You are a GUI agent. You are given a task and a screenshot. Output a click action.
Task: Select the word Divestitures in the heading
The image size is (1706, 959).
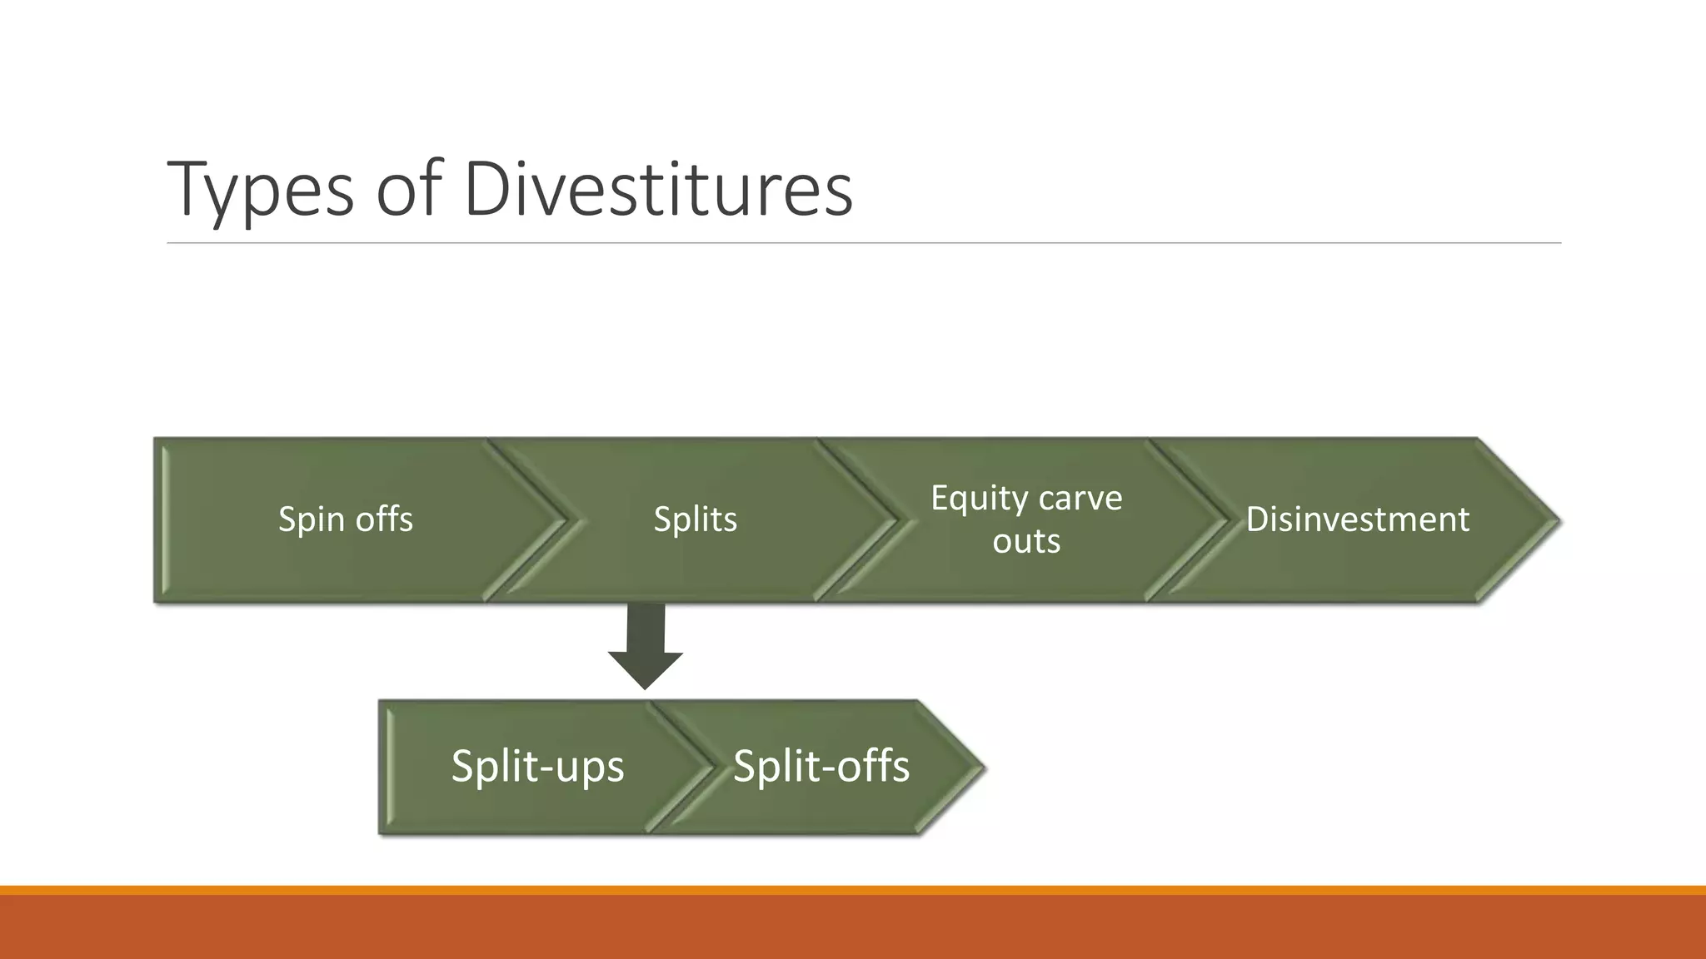(x=658, y=190)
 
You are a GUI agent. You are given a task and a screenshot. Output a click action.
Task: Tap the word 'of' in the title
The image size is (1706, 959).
(x=408, y=190)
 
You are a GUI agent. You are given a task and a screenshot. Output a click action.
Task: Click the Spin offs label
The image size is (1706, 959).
(x=345, y=519)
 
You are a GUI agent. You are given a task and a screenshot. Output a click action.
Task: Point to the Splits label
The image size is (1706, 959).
(x=695, y=519)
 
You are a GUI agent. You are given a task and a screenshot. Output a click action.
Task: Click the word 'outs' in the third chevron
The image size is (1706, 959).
(x=1026, y=542)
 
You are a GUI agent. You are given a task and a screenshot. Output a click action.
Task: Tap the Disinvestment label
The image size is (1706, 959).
(x=1357, y=519)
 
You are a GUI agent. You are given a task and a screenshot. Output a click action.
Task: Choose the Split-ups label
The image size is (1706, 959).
(x=537, y=766)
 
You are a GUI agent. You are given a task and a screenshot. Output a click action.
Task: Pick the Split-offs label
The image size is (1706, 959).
(x=821, y=766)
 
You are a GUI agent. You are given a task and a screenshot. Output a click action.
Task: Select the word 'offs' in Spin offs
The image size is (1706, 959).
(x=384, y=519)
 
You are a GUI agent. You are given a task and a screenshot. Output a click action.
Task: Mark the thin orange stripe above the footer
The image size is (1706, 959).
(x=853, y=890)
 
